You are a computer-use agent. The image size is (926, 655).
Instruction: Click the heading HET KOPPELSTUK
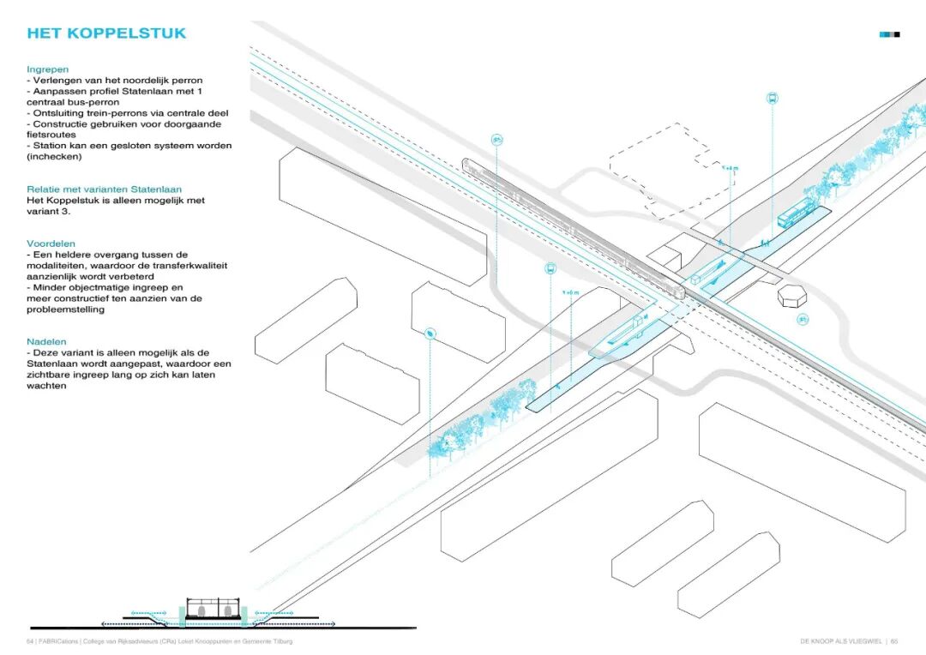coord(106,34)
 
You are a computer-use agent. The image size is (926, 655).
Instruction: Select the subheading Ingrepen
coord(48,69)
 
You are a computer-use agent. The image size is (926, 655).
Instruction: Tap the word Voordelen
coord(51,243)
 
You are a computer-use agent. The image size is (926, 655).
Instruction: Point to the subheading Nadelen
coord(46,341)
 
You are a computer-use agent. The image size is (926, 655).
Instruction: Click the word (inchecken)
coord(54,157)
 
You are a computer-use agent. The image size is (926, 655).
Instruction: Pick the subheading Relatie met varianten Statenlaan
coord(104,189)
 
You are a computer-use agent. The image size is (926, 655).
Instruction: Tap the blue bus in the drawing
coord(797,214)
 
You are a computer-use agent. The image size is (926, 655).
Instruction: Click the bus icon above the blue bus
coord(772,98)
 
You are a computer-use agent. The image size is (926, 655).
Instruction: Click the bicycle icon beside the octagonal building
coord(803,319)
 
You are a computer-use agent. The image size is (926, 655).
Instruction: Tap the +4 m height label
coord(730,168)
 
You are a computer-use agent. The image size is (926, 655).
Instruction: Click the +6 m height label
coord(570,293)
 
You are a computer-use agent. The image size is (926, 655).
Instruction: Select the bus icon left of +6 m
coord(550,268)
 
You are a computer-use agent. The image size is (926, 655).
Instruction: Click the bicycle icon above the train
coord(496,139)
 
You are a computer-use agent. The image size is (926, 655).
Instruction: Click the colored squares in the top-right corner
coord(890,34)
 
